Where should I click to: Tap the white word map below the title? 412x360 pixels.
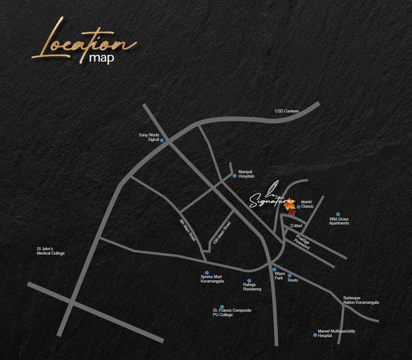(101, 58)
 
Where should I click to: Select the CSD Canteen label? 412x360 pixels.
(287, 111)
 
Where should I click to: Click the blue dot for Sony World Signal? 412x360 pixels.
(162, 140)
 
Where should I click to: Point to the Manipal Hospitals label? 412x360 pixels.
(246, 174)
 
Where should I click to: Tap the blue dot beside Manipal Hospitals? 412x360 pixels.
(235, 175)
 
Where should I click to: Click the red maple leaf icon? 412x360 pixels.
(289, 204)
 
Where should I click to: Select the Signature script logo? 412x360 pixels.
(266, 197)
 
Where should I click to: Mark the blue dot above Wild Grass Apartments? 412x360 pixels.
(338, 214)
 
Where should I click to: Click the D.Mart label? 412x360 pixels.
(296, 226)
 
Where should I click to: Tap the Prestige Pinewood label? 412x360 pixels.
(303, 241)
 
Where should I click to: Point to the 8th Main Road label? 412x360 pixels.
(188, 230)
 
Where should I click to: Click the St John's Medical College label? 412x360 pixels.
(51, 251)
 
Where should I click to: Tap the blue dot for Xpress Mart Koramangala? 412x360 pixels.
(206, 273)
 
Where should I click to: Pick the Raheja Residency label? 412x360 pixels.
(252, 287)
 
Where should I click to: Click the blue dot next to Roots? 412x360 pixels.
(289, 275)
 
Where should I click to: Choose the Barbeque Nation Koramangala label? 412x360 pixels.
(361, 300)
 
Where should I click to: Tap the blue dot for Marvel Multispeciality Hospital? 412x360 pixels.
(315, 335)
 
